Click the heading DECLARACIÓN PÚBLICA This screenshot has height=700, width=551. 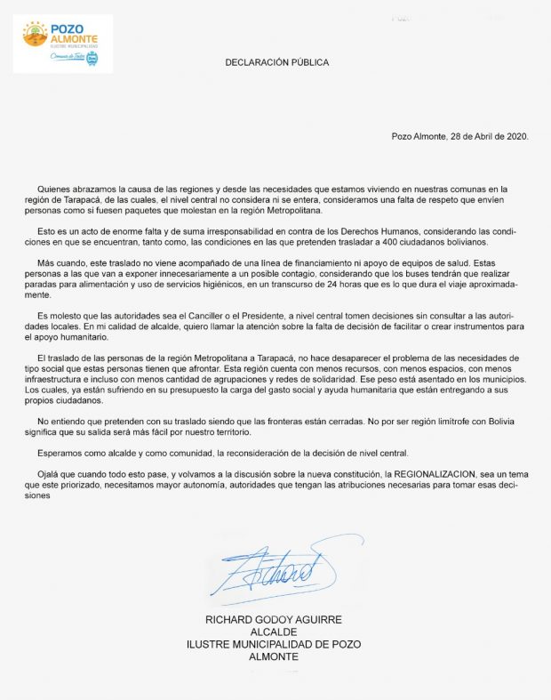275,63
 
